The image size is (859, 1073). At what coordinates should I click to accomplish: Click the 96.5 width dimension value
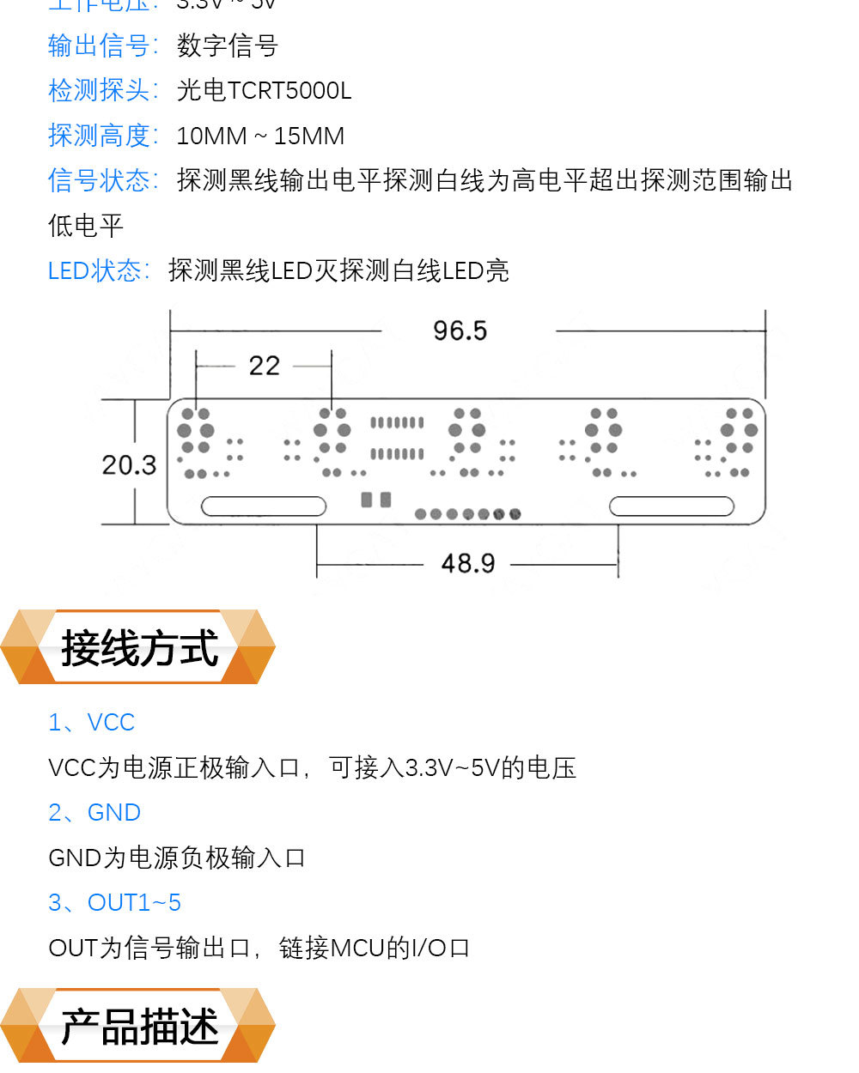[460, 330]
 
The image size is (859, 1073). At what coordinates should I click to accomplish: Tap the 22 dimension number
[265, 367]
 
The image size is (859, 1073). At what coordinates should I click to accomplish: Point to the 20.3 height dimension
[129, 465]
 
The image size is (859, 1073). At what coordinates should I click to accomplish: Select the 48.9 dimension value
[468, 564]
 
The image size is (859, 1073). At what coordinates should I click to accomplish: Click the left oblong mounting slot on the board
[264, 506]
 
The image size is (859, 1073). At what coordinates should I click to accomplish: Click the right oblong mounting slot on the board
[672, 506]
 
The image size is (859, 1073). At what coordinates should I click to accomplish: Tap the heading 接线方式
[139, 648]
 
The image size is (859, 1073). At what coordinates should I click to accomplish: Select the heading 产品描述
[139, 1027]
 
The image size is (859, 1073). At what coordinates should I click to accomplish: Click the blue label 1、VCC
[92, 723]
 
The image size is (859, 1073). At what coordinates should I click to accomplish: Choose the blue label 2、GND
[94, 813]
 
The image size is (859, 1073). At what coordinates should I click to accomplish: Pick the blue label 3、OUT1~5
[115, 903]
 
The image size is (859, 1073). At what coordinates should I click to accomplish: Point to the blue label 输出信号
[101, 45]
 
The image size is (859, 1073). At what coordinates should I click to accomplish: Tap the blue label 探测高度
[101, 136]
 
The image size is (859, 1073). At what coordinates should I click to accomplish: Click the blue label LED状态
[97, 271]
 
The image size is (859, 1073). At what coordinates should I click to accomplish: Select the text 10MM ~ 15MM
[260, 136]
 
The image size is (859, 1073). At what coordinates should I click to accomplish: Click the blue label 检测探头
[101, 91]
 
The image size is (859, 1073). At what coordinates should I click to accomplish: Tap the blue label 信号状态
[101, 181]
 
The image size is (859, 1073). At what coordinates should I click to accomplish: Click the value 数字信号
[228, 45]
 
